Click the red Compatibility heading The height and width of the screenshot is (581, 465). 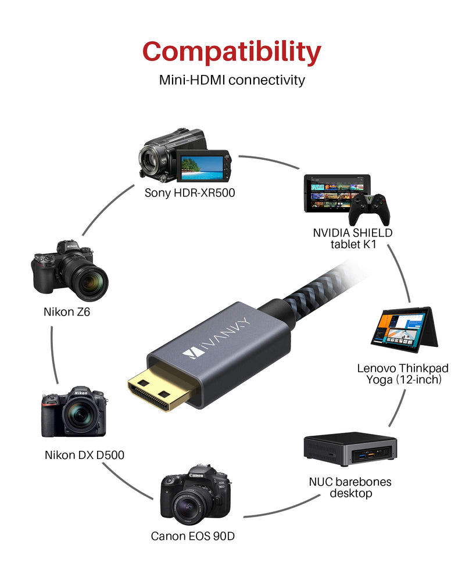click(x=232, y=52)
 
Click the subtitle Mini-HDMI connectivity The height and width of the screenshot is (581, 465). click(x=232, y=80)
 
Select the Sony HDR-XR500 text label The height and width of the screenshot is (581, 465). click(x=189, y=193)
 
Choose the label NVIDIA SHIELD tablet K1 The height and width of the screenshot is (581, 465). click(x=353, y=238)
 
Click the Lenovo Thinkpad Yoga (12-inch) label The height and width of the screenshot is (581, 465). click(x=403, y=374)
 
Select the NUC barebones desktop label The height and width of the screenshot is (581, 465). click(x=350, y=487)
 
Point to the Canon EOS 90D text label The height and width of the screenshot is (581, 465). click(x=192, y=536)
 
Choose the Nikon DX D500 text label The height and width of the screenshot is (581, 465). click(x=84, y=455)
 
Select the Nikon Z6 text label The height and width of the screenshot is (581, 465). click(x=67, y=312)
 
